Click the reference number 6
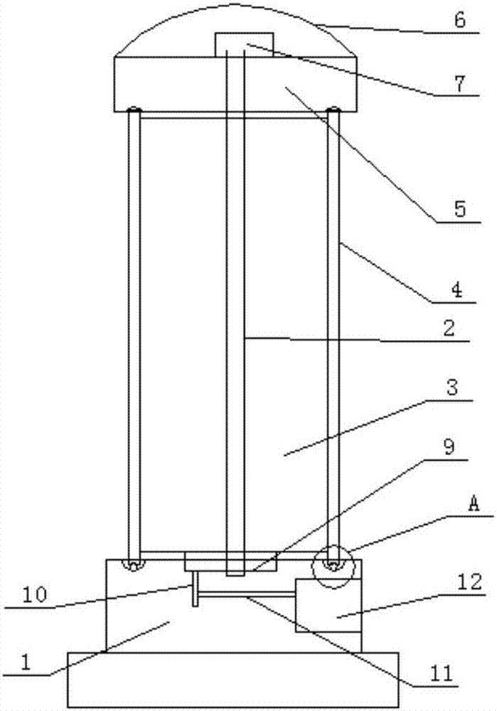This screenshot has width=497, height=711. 460,21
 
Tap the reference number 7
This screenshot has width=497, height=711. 460,84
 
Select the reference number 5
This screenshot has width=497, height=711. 460,210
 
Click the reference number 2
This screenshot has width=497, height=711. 449,328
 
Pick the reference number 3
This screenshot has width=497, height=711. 452,388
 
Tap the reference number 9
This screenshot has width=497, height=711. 448,447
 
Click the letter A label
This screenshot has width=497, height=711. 474,504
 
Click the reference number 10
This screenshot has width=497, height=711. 36,595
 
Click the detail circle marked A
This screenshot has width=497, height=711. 333,567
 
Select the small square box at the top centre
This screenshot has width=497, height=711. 245,45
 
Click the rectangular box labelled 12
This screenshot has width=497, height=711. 328,605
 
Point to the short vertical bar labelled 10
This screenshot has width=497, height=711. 195,589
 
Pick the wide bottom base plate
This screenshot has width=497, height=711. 233,679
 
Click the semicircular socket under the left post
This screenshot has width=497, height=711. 133,566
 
